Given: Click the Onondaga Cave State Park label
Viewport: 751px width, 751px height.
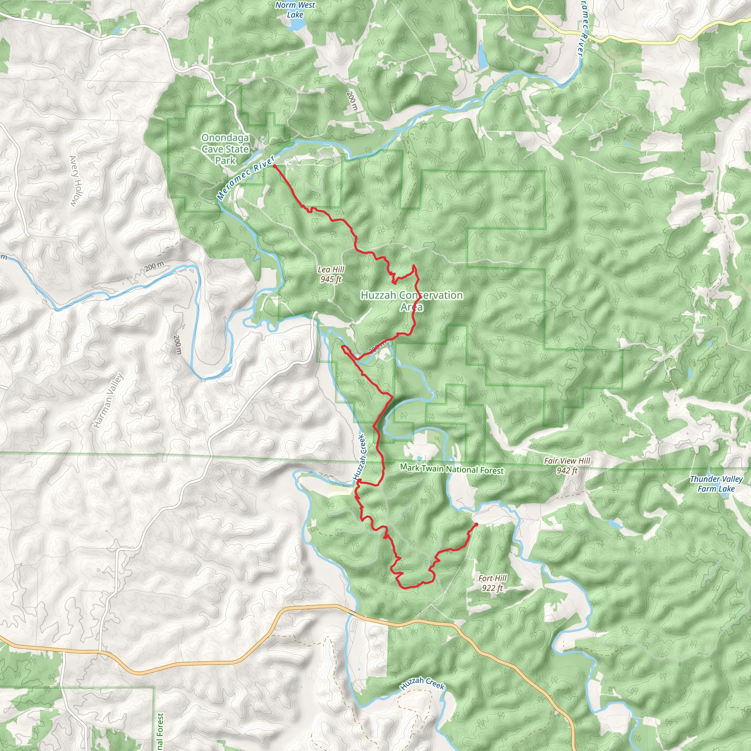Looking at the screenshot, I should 225,149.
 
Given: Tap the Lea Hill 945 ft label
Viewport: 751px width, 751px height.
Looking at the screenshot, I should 331,274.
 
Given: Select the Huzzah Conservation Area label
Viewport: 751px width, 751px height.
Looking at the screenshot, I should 412,296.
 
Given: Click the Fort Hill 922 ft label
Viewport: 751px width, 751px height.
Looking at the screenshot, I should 492,583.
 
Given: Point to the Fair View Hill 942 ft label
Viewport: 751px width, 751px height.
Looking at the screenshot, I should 567,465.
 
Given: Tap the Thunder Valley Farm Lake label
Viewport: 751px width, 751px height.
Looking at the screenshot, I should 716,484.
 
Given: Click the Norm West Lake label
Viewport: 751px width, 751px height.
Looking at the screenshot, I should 295,10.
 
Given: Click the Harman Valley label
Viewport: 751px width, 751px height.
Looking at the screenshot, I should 109,400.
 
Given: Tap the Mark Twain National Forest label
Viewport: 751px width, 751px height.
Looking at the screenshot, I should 452,469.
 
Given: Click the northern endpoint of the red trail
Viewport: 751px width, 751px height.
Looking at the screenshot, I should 275,166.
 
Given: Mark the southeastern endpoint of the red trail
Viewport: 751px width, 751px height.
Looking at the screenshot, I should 476,524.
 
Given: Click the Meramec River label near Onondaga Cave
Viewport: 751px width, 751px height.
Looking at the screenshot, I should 246,177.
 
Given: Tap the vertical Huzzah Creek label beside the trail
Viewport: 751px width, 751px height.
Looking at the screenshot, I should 360,457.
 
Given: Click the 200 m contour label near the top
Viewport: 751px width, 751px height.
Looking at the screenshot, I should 351,101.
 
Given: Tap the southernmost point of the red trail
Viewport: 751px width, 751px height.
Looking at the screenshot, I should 404,588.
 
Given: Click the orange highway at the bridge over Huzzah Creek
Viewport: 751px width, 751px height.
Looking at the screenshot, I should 352,611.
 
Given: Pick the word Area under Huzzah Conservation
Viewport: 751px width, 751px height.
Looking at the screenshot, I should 412,307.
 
